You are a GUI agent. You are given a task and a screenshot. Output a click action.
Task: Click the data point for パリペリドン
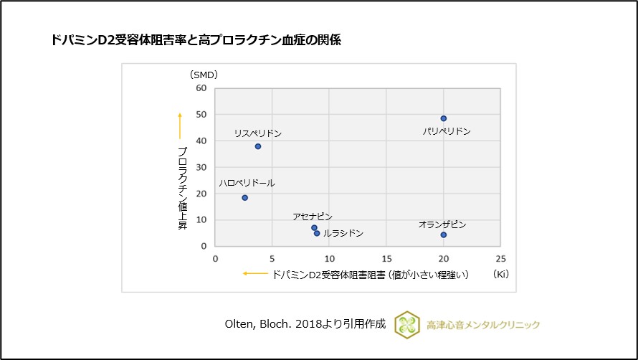(444, 118)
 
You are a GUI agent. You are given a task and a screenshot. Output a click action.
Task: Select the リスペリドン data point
(258, 146)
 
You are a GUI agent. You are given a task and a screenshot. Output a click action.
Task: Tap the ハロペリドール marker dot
(244, 198)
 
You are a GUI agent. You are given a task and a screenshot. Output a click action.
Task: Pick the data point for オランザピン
(444, 235)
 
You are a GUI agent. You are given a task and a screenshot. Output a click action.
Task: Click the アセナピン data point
(314, 227)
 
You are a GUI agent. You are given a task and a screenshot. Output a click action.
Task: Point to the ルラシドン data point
(317, 233)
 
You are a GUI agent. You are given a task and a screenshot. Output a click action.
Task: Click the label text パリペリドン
(447, 132)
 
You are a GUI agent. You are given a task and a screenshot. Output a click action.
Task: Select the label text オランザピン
(442, 224)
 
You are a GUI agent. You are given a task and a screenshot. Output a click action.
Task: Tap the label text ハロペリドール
(247, 184)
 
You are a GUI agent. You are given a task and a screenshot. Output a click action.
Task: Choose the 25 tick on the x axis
(500, 257)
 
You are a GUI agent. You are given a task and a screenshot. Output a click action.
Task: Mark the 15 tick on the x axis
(386, 257)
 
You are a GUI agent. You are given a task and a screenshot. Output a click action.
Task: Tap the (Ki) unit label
(500, 274)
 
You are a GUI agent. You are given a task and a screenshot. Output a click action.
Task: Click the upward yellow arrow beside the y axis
(180, 125)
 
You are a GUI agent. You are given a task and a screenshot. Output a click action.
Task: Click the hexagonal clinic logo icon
(406, 324)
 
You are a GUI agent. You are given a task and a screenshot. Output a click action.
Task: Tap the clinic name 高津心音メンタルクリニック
(483, 325)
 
